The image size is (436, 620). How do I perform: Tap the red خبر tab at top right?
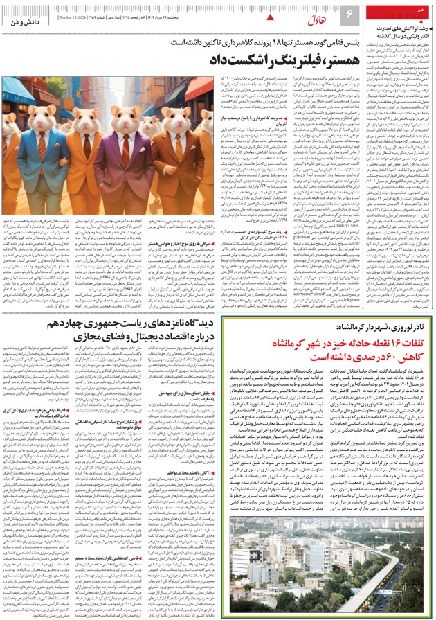click(422, 8)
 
